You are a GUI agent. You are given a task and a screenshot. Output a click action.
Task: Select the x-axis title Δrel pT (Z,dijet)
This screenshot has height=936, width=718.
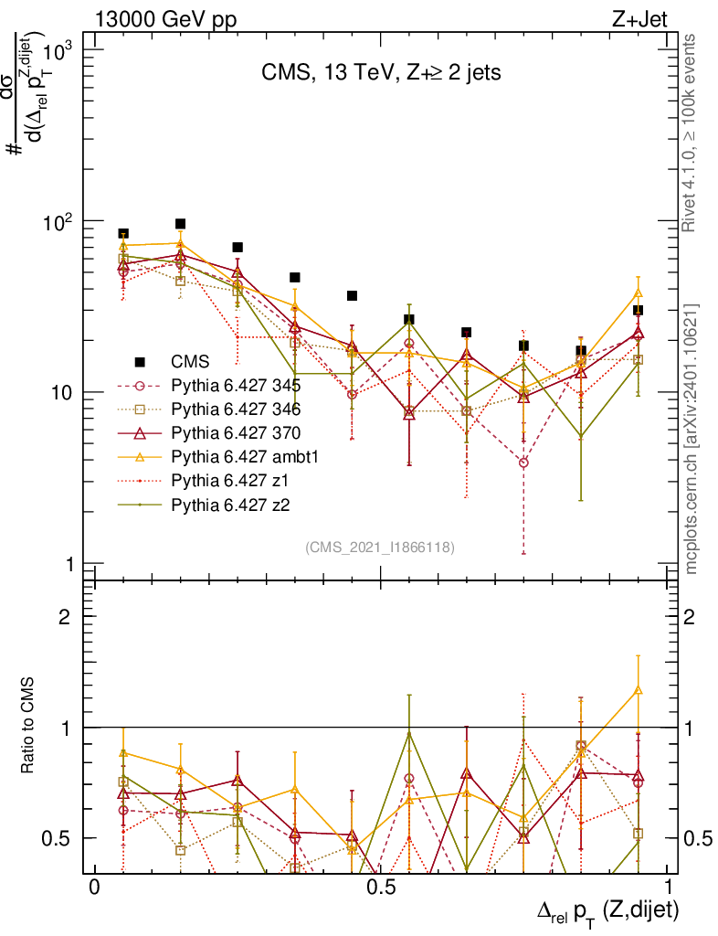coord(607,910)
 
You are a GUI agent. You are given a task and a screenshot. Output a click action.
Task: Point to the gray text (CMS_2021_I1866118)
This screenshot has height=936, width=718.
coord(380,547)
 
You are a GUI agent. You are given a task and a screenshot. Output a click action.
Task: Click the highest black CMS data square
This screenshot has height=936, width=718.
coord(181,224)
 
